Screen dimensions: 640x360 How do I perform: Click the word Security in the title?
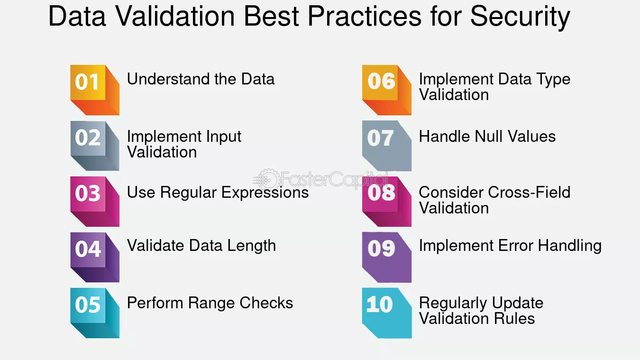(x=520, y=17)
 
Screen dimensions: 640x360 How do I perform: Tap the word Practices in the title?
(x=364, y=16)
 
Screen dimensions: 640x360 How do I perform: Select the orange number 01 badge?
(x=95, y=90)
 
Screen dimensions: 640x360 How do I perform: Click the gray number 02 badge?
(x=95, y=146)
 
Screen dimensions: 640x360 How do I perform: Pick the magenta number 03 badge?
(x=95, y=202)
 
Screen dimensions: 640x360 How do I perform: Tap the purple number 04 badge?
(x=95, y=258)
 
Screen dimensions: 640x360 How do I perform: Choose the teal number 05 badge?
(x=95, y=313)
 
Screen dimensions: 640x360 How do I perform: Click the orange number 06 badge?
(x=387, y=90)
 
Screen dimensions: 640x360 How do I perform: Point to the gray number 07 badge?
(x=387, y=146)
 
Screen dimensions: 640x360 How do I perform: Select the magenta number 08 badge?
(x=387, y=202)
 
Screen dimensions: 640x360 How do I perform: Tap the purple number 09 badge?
(x=387, y=258)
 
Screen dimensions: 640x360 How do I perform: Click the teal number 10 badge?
(x=387, y=313)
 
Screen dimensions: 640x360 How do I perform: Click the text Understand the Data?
(x=201, y=79)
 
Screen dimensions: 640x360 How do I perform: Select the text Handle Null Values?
(x=487, y=136)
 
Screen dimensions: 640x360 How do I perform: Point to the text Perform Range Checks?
(x=210, y=303)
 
